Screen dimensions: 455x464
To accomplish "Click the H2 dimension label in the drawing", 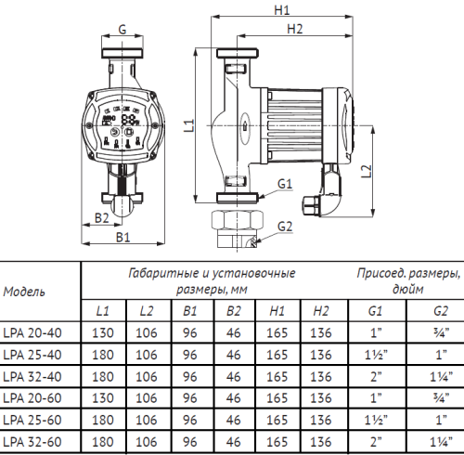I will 295,29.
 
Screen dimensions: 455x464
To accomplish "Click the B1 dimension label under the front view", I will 122,238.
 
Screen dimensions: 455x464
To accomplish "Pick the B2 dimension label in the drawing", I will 103,218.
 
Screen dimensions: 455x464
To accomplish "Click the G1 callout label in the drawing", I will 285,183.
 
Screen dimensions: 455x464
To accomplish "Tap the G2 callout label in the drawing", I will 285,227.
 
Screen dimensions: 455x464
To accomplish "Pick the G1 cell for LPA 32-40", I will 374,375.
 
